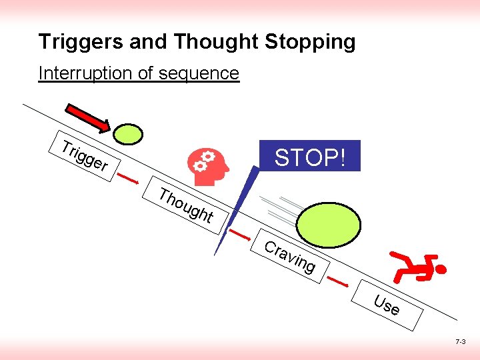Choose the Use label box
coord(387,305)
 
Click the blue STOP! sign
coord(310,157)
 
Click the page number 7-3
coord(460,341)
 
